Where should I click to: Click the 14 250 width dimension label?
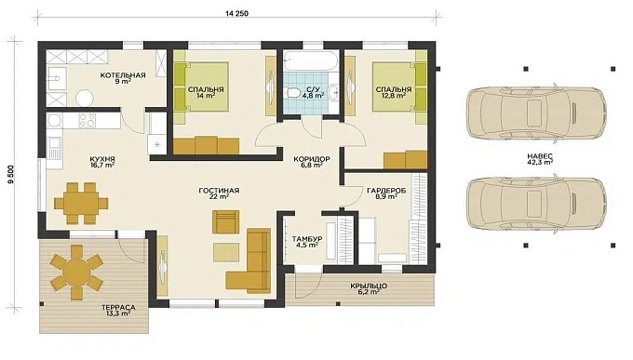[x=237, y=13]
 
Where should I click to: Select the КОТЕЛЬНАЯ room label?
[x=123, y=75]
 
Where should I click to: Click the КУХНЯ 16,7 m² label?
[x=102, y=162]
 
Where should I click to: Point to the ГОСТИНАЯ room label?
[x=219, y=191]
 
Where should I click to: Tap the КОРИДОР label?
[x=312, y=159]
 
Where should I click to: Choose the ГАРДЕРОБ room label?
[x=386, y=191]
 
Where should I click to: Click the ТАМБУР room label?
[x=307, y=239]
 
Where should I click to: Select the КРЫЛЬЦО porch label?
[x=369, y=287]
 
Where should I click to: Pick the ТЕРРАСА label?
[x=118, y=308]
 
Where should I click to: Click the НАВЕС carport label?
[x=540, y=156]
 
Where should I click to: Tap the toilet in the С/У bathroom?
[x=291, y=92]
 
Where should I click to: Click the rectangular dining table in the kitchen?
[x=82, y=203]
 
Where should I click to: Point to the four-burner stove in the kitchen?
[x=88, y=120]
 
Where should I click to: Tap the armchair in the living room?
[x=225, y=221]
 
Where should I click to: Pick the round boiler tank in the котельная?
[x=85, y=98]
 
